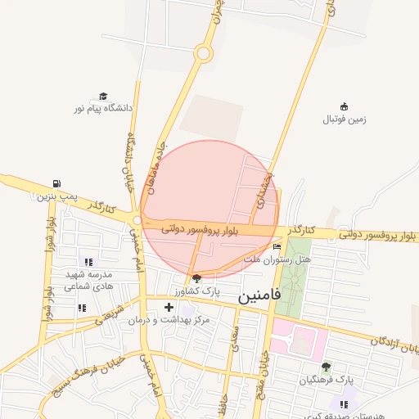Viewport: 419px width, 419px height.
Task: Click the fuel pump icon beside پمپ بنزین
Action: pos(55,183)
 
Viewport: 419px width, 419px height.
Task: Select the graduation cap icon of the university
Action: pos(103,97)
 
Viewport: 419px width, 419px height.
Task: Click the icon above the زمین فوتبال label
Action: pos(344,106)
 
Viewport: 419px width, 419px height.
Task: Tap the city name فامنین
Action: pos(259,295)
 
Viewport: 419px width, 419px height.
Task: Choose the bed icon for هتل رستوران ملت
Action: pos(277,246)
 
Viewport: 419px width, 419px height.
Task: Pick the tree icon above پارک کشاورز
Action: pos(196,278)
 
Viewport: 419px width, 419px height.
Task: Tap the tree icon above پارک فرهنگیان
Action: pos(326,367)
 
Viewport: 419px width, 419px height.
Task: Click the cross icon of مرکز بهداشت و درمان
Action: pos(169,308)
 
